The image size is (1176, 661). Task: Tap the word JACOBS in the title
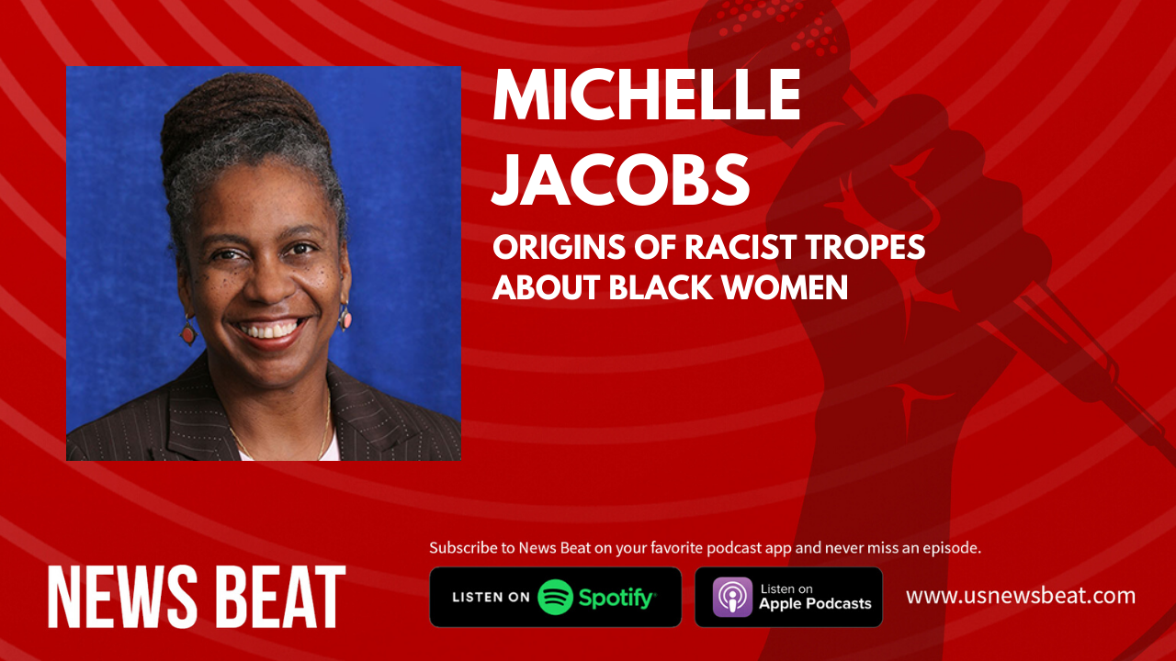[621, 179]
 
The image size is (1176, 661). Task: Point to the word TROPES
[865, 247]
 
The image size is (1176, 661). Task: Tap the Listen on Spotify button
[556, 597]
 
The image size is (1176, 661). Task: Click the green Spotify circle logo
[556, 597]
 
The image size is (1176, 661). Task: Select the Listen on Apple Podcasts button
[788, 597]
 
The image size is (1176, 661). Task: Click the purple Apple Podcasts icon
[732, 597]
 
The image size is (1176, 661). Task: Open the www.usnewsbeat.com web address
[1021, 596]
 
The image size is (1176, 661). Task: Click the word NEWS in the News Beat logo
[122, 597]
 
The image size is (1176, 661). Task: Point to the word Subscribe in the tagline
[464, 548]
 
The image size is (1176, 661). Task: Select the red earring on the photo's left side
[188, 331]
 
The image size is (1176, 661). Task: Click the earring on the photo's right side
[345, 318]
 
